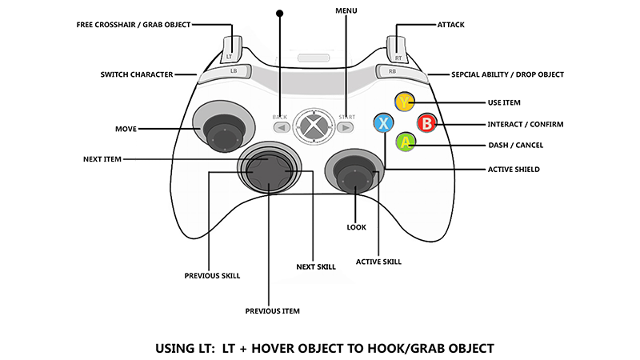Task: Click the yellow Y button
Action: [405, 102]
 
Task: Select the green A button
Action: [406, 143]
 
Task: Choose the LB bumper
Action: [233, 71]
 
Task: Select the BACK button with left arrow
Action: [280, 126]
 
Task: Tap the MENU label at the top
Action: [346, 10]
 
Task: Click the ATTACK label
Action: [450, 25]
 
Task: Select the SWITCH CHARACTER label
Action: [137, 74]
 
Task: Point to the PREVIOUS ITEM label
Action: [272, 310]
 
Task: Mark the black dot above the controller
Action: [280, 13]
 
